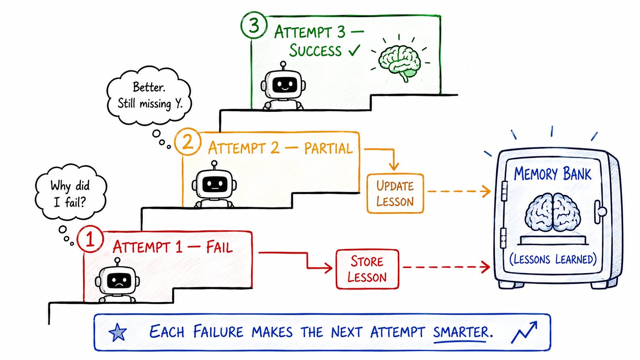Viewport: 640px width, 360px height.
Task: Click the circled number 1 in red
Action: point(90,239)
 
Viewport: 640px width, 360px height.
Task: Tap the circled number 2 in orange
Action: point(188,142)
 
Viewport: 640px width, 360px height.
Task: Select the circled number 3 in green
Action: point(254,25)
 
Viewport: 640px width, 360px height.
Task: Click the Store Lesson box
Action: point(367,269)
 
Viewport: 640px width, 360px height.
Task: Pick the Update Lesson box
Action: point(395,193)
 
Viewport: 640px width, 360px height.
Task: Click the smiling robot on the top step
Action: point(283,86)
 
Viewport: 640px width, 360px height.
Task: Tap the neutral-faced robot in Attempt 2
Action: point(214,184)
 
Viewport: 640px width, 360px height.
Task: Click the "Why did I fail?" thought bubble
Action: point(70,192)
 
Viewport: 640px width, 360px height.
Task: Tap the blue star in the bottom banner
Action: point(118,332)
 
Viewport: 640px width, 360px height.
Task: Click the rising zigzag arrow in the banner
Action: point(524,332)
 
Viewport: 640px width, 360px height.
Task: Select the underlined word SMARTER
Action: point(460,332)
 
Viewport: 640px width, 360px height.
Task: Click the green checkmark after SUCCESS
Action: point(354,50)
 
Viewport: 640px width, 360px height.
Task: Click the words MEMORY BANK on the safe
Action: point(553,174)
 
